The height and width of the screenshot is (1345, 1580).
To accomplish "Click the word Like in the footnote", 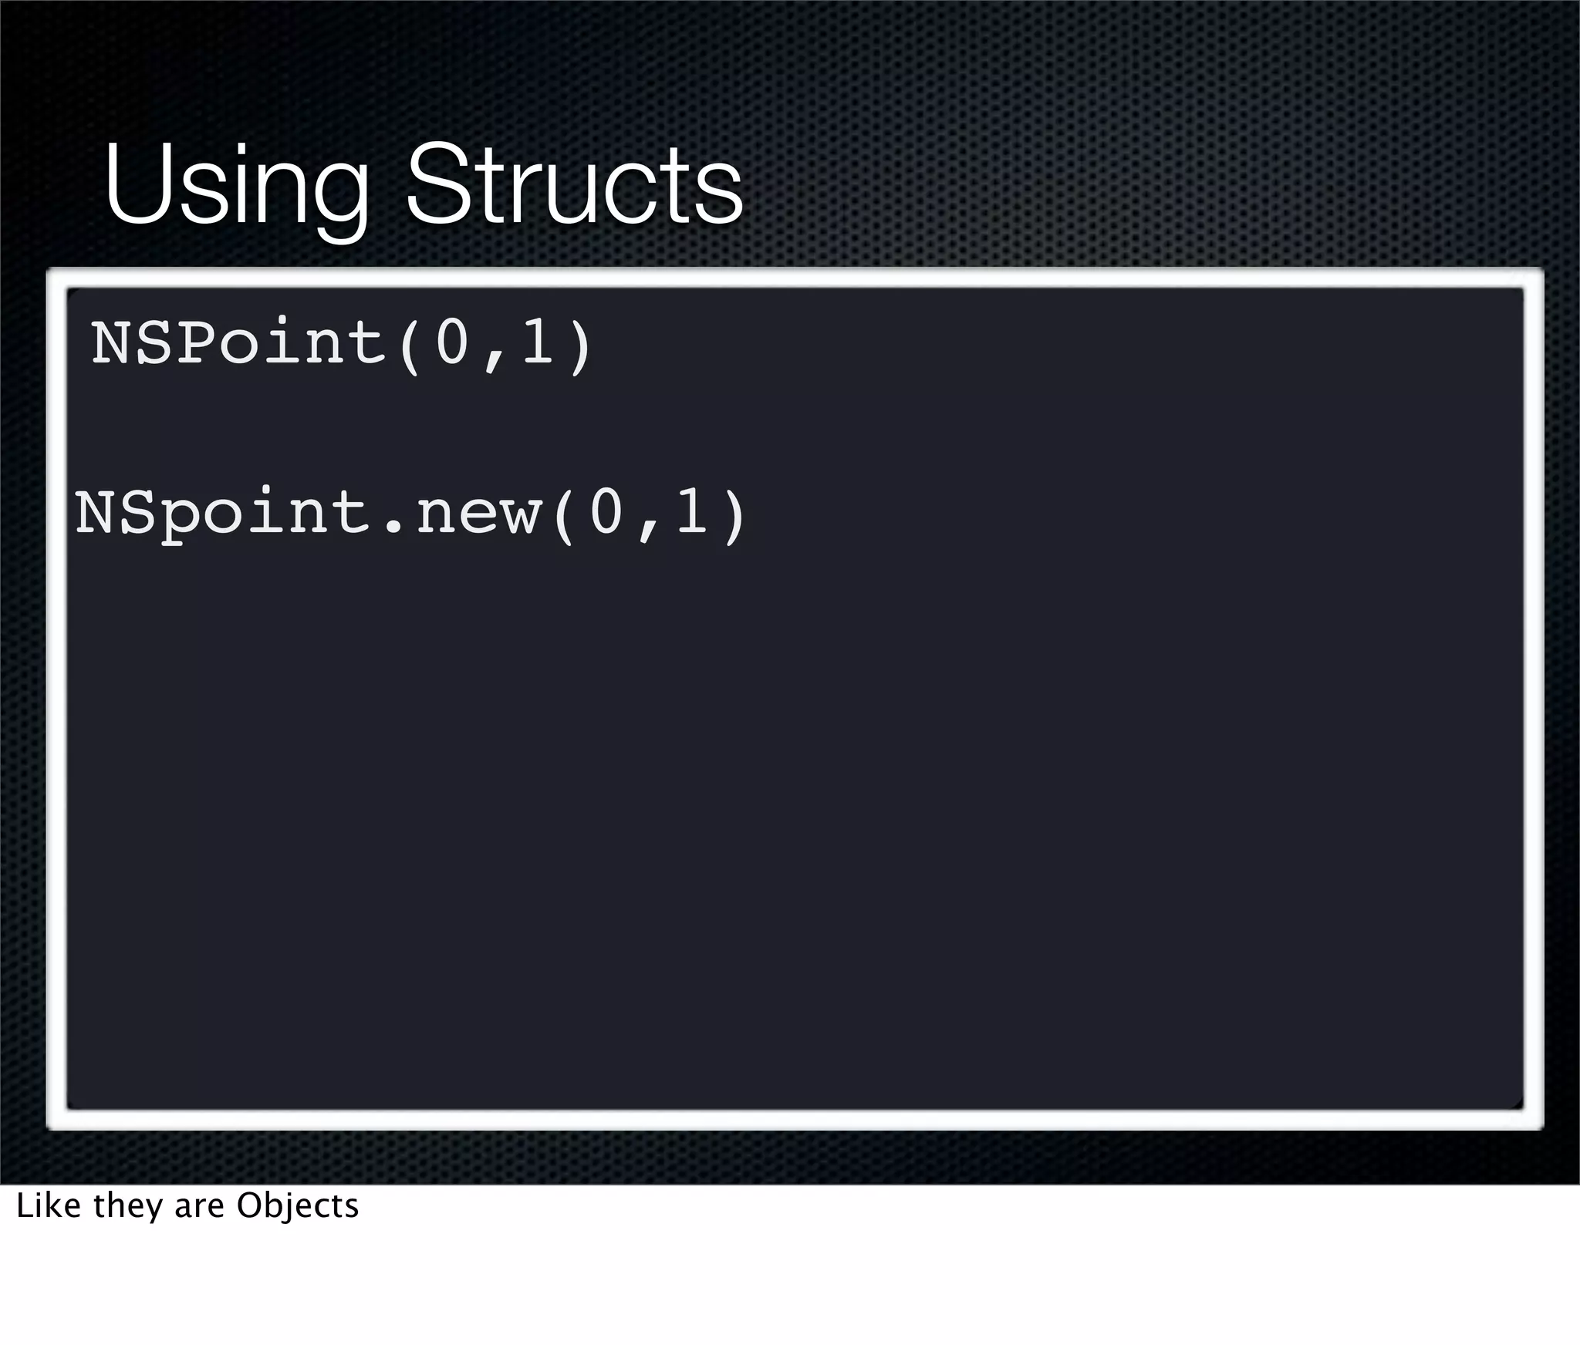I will click(x=48, y=1205).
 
